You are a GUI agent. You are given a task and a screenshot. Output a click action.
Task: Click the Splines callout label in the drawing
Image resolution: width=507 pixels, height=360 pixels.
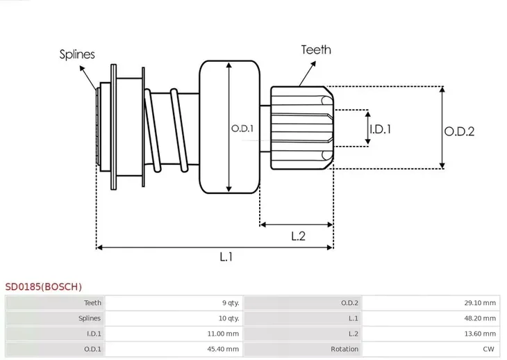point(76,54)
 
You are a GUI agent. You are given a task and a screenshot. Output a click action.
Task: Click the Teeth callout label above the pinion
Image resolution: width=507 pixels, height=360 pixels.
point(315,49)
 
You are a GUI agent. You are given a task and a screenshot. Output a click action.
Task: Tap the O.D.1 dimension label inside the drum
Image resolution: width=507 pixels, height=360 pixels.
point(242,129)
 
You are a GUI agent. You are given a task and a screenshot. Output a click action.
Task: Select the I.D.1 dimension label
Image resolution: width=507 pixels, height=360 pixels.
point(380,129)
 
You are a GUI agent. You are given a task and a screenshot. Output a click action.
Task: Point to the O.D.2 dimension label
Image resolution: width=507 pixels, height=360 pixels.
point(459,130)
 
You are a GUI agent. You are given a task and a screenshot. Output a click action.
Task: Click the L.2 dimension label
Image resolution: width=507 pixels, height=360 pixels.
point(298,236)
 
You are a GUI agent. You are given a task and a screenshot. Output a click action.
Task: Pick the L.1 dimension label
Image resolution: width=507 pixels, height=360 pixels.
point(226,256)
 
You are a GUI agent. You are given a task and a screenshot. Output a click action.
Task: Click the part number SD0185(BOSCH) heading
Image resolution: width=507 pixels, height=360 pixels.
point(43,286)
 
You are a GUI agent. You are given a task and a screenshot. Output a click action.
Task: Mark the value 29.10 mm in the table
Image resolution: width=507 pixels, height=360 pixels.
point(479,302)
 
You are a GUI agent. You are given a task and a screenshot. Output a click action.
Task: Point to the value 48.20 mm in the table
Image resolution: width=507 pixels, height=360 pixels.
point(479,318)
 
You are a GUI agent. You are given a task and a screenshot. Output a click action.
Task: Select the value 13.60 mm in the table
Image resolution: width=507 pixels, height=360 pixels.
point(479,334)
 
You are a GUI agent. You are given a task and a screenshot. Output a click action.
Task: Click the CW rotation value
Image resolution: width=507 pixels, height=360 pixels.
point(489,349)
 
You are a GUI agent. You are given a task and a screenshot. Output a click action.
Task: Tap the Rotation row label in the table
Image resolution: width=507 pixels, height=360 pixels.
point(345,349)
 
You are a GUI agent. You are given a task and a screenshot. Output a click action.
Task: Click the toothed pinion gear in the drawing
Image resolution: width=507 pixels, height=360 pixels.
point(300,127)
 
